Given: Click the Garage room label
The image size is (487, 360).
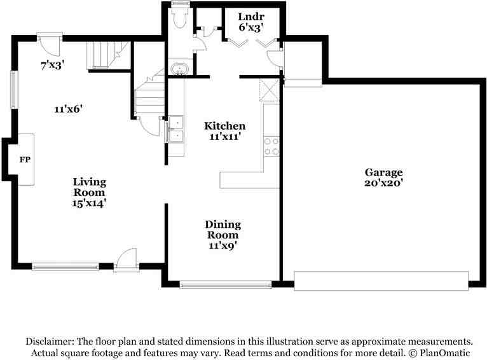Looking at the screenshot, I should [x=383, y=172].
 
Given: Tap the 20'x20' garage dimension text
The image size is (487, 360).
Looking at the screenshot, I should [x=383, y=183].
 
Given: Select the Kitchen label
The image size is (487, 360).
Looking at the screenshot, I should [x=224, y=126].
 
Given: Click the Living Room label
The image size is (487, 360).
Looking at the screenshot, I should [x=88, y=187].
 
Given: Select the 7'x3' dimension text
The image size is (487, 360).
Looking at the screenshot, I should [x=52, y=65].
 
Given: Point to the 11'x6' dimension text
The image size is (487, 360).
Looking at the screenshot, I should [x=69, y=109].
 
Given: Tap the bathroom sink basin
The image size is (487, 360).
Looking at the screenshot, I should [x=180, y=69].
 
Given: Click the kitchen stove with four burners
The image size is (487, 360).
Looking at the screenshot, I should [x=271, y=146].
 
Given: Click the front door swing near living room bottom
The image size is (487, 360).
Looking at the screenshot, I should [x=125, y=260].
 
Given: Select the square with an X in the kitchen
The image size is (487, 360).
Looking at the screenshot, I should [x=270, y=90].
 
